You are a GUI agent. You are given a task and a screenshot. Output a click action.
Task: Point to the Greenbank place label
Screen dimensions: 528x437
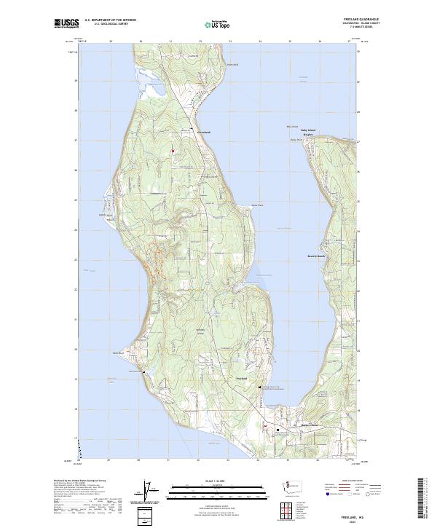tap(203, 133)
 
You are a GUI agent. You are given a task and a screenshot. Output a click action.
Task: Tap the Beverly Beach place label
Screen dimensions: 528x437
tap(315, 256)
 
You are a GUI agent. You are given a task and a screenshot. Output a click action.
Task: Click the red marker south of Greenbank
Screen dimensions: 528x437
tap(173, 151)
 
